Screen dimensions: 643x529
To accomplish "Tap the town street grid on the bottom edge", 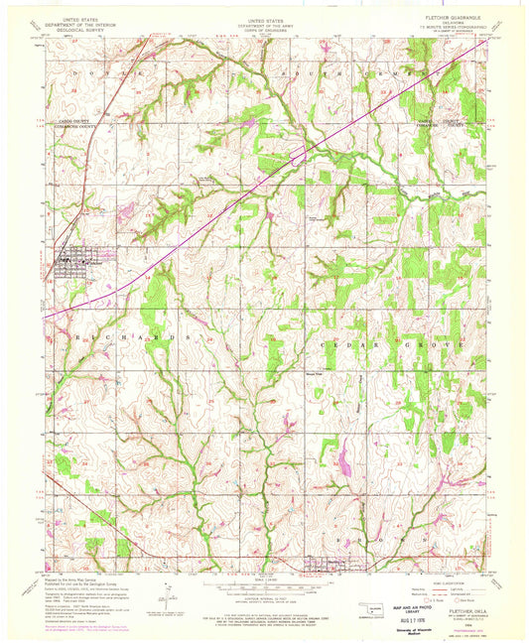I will [x=325, y=568].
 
